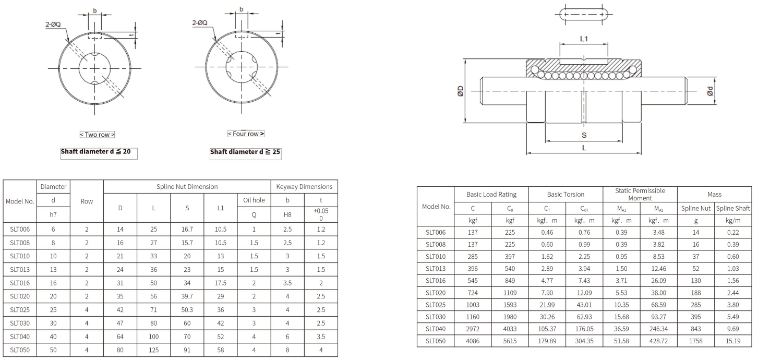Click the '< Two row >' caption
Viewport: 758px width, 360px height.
pyautogui.click(x=97, y=135)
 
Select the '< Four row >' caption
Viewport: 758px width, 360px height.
pyautogui.click(x=246, y=134)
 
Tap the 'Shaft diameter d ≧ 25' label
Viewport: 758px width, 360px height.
pyautogui.click(x=245, y=152)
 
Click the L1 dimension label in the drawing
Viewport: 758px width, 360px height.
pyautogui.click(x=584, y=39)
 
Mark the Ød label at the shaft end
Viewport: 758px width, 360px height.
pyautogui.click(x=709, y=91)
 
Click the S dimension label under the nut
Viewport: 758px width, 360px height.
pyautogui.click(x=584, y=135)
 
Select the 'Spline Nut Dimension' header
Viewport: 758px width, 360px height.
pyautogui.click(x=187, y=187)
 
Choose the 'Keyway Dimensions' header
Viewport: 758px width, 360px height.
pyautogui.click(x=304, y=187)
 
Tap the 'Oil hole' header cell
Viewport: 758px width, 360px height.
pyautogui.click(x=254, y=200)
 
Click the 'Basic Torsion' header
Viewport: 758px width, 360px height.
pyautogui.click(x=566, y=194)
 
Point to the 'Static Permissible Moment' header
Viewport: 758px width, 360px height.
pyautogui.click(x=640, y=194)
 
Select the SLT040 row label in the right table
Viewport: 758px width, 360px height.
pyautogui.click(x=436, y=329)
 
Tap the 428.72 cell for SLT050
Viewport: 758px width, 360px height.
pyautogui.click(x=658, y=341)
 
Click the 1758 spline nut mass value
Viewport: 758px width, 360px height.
pyautogui.click(x=695, y=341)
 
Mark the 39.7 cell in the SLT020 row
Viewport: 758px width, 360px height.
pyautogui.click(x=187, y=297)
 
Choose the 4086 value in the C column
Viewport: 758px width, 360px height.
pyautogui.click(x=473, y=341)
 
